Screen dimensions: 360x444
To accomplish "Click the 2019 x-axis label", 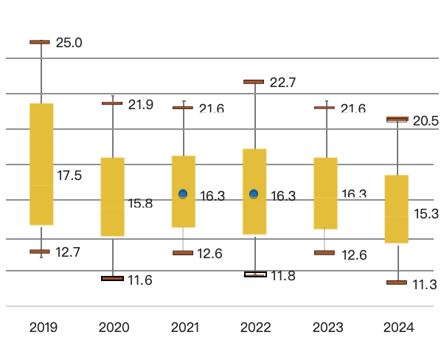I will click(43, 328).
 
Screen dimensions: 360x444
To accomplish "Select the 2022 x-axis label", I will click(255, 328).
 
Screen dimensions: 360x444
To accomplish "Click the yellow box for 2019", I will click(41, 164).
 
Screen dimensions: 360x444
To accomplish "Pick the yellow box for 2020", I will click(112, 197).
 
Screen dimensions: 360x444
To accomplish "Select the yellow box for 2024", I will click(397, 209).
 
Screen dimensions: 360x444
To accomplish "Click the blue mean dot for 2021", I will click(183, 194).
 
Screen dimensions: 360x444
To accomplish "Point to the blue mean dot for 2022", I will click(254, 194).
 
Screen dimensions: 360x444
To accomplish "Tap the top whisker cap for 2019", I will click(40, 42).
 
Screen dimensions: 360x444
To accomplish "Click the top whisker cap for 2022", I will click(254, 82).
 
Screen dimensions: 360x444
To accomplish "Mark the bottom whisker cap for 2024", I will click(397, 283).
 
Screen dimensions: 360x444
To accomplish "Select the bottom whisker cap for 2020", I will click(112, 278).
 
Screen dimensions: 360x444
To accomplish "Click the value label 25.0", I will click(69, 43).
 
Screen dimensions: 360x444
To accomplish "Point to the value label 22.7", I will click(283, 83).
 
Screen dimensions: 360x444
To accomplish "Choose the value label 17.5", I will click(69, 176).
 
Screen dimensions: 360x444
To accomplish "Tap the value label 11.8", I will click(283, 276).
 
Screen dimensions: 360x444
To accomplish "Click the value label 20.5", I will click(426, 121).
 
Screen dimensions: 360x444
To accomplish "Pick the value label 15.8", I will click(140, 204).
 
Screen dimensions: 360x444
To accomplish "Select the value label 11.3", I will click(426, 285).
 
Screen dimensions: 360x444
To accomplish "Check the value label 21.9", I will click(140, 105).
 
